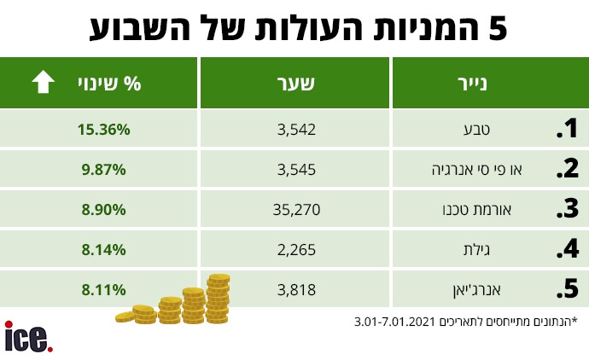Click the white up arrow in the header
pos(43,84)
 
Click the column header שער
pos(296,84)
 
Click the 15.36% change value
pos(104,130)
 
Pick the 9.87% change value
pos(104,170)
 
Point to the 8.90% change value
pos(104,210)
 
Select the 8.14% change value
pos(104,250)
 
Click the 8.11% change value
pos(104,290)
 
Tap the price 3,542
pos(297,130)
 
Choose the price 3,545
pos(297,170)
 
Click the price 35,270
pos(293,210)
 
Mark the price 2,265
pos(297,250)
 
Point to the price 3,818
pos(297,290)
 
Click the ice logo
pos(28,337)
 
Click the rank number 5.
pos(566,290)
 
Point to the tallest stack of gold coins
pos(218,296)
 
